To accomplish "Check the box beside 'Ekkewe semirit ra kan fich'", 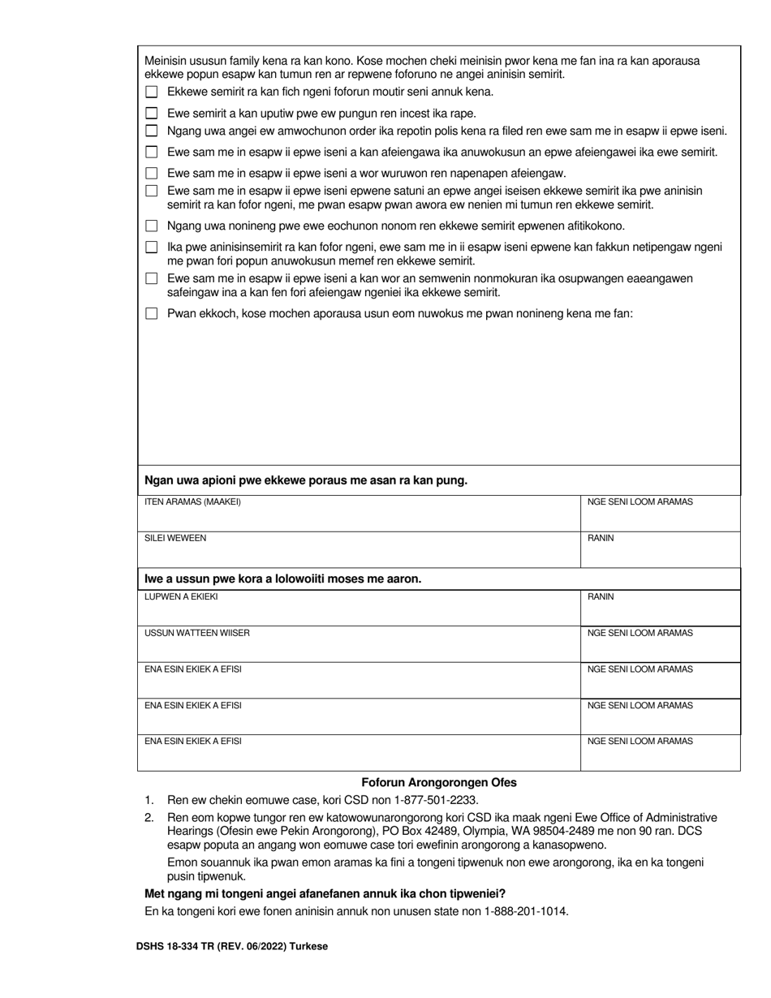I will coord(151,92).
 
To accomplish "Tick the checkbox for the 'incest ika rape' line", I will coord(151,114).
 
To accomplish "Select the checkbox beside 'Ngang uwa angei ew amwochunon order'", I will coord(151,131).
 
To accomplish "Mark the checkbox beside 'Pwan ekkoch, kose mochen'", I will coord(151,313).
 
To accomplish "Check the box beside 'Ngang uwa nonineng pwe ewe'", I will coord(151,226).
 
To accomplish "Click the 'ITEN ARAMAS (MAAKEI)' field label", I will coord(192,502).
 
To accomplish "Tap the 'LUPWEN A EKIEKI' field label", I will coord(181,597).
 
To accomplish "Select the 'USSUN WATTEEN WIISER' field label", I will coord(197,633).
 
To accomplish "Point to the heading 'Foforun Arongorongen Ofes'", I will coord(438,783).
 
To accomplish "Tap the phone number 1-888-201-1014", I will coord(528,911).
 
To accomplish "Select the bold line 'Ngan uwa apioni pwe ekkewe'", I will coord(305,480).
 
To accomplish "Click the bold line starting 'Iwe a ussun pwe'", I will coord(282,579).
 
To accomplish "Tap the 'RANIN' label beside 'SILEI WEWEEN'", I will coord(601,538).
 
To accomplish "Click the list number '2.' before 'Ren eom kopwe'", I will coord(149,818).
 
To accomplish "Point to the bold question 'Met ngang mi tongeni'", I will coord(325,894).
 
